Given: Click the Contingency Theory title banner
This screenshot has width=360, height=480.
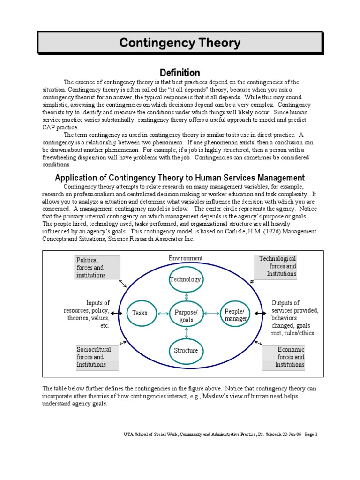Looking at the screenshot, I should pos(180,43).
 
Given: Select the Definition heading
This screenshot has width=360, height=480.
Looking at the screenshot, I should pos(180,73).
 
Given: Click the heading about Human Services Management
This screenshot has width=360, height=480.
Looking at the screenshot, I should pos(180,178).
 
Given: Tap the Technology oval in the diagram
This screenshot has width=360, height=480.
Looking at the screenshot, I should pos(186,279).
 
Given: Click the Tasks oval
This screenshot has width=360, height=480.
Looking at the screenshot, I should pos(140,313).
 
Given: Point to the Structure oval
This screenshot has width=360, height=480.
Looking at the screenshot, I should pos(186,350).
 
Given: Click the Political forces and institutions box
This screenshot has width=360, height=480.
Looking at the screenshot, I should pos(97,267).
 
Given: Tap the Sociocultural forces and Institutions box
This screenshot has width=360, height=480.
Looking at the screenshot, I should pos(97,357).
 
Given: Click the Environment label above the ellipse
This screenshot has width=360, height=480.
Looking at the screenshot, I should pos(186,258).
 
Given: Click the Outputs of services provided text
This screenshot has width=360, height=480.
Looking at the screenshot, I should pos(294,318).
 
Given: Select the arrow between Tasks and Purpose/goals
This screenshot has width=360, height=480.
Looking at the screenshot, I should pos(159,313).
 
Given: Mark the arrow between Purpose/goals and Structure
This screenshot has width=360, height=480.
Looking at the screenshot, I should pos(187,332).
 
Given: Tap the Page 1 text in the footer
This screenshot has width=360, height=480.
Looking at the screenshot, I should pos(311,435).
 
